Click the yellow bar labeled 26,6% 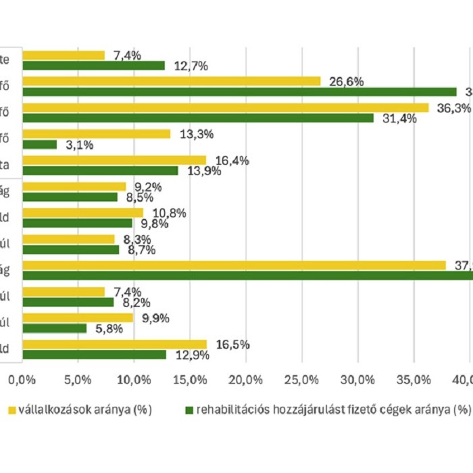coord(172,81)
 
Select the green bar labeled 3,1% coord(39,145)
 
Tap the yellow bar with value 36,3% coord(226,107)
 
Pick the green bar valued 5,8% coord(55,328)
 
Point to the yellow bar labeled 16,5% coord(114,345)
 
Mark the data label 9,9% coord(153,318)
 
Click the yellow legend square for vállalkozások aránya coord(11,409)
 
